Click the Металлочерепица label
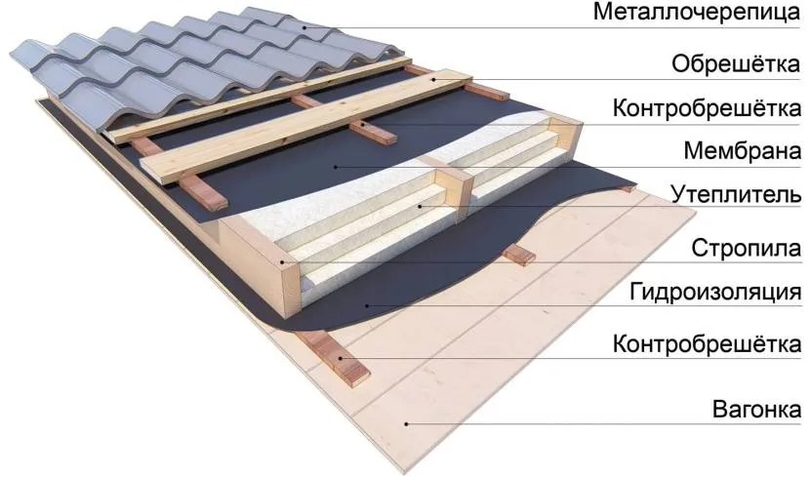(697, 13)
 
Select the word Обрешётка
(736, 64)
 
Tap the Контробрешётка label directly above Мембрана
(707, 108)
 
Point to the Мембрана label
(743, 151)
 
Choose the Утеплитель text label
(737, 195)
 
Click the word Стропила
(747, 249)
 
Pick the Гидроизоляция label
(715, 293)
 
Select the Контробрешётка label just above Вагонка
(707, 344)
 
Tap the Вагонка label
(756, 410)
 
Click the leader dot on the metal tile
(304, 27)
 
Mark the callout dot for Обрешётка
(435, 80)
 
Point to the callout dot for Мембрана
(336, 166)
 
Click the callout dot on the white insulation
(421, 207)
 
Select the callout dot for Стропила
(283, 261)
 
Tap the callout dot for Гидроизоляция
(367, 305)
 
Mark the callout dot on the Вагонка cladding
(407, 423)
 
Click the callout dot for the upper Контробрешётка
(364, 124)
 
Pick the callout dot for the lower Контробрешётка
(341, 357)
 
